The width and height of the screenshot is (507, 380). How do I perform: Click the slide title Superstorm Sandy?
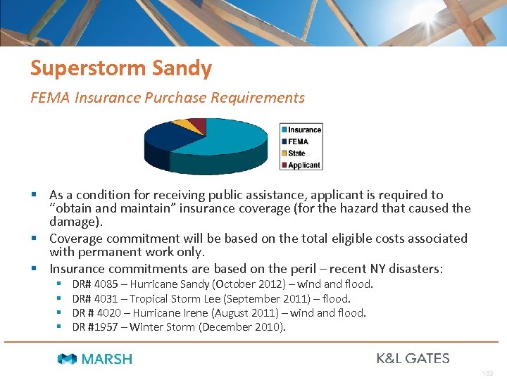[120, 68]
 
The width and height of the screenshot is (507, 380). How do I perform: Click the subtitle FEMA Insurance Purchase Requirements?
[168, 98]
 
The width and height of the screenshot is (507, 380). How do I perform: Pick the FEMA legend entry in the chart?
[298, 141]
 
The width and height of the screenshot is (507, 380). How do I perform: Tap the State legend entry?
[296, 153]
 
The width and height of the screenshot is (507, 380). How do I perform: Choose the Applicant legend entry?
[303, 165]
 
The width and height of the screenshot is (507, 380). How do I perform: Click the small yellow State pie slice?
[184, 125]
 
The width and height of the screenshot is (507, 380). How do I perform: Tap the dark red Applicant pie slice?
[199, 125]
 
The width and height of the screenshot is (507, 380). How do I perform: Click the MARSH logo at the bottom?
[94, 359]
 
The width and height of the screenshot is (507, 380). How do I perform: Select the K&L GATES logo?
[413, 358]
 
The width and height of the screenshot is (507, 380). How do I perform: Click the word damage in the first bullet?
[73, 221]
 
